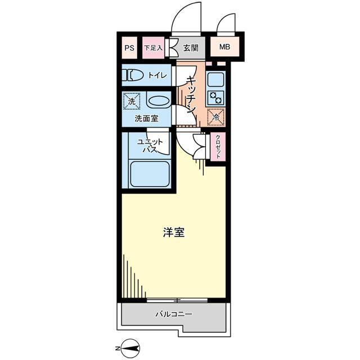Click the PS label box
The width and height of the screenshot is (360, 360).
[129, 48]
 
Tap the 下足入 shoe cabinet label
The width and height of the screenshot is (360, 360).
[152, 48]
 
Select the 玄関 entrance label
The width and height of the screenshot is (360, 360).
[191, 48]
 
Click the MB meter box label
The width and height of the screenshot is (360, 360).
[224, 48]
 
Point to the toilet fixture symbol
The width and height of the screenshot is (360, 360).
[134, 75]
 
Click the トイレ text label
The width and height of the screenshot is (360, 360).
[157, 75]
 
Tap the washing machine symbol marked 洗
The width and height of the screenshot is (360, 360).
[131, 102]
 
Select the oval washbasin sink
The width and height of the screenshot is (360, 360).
[157, 102]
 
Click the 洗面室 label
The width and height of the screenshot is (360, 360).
[146, 119]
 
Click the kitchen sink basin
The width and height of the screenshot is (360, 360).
[215, 79]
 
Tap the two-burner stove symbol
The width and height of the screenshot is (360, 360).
[215, 97]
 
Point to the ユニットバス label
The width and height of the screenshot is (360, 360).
[149, 146]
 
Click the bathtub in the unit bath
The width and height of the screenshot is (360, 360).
[149, 173]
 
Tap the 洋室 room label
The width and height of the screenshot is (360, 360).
[174, 233]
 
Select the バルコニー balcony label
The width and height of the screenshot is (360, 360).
[173, 314]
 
